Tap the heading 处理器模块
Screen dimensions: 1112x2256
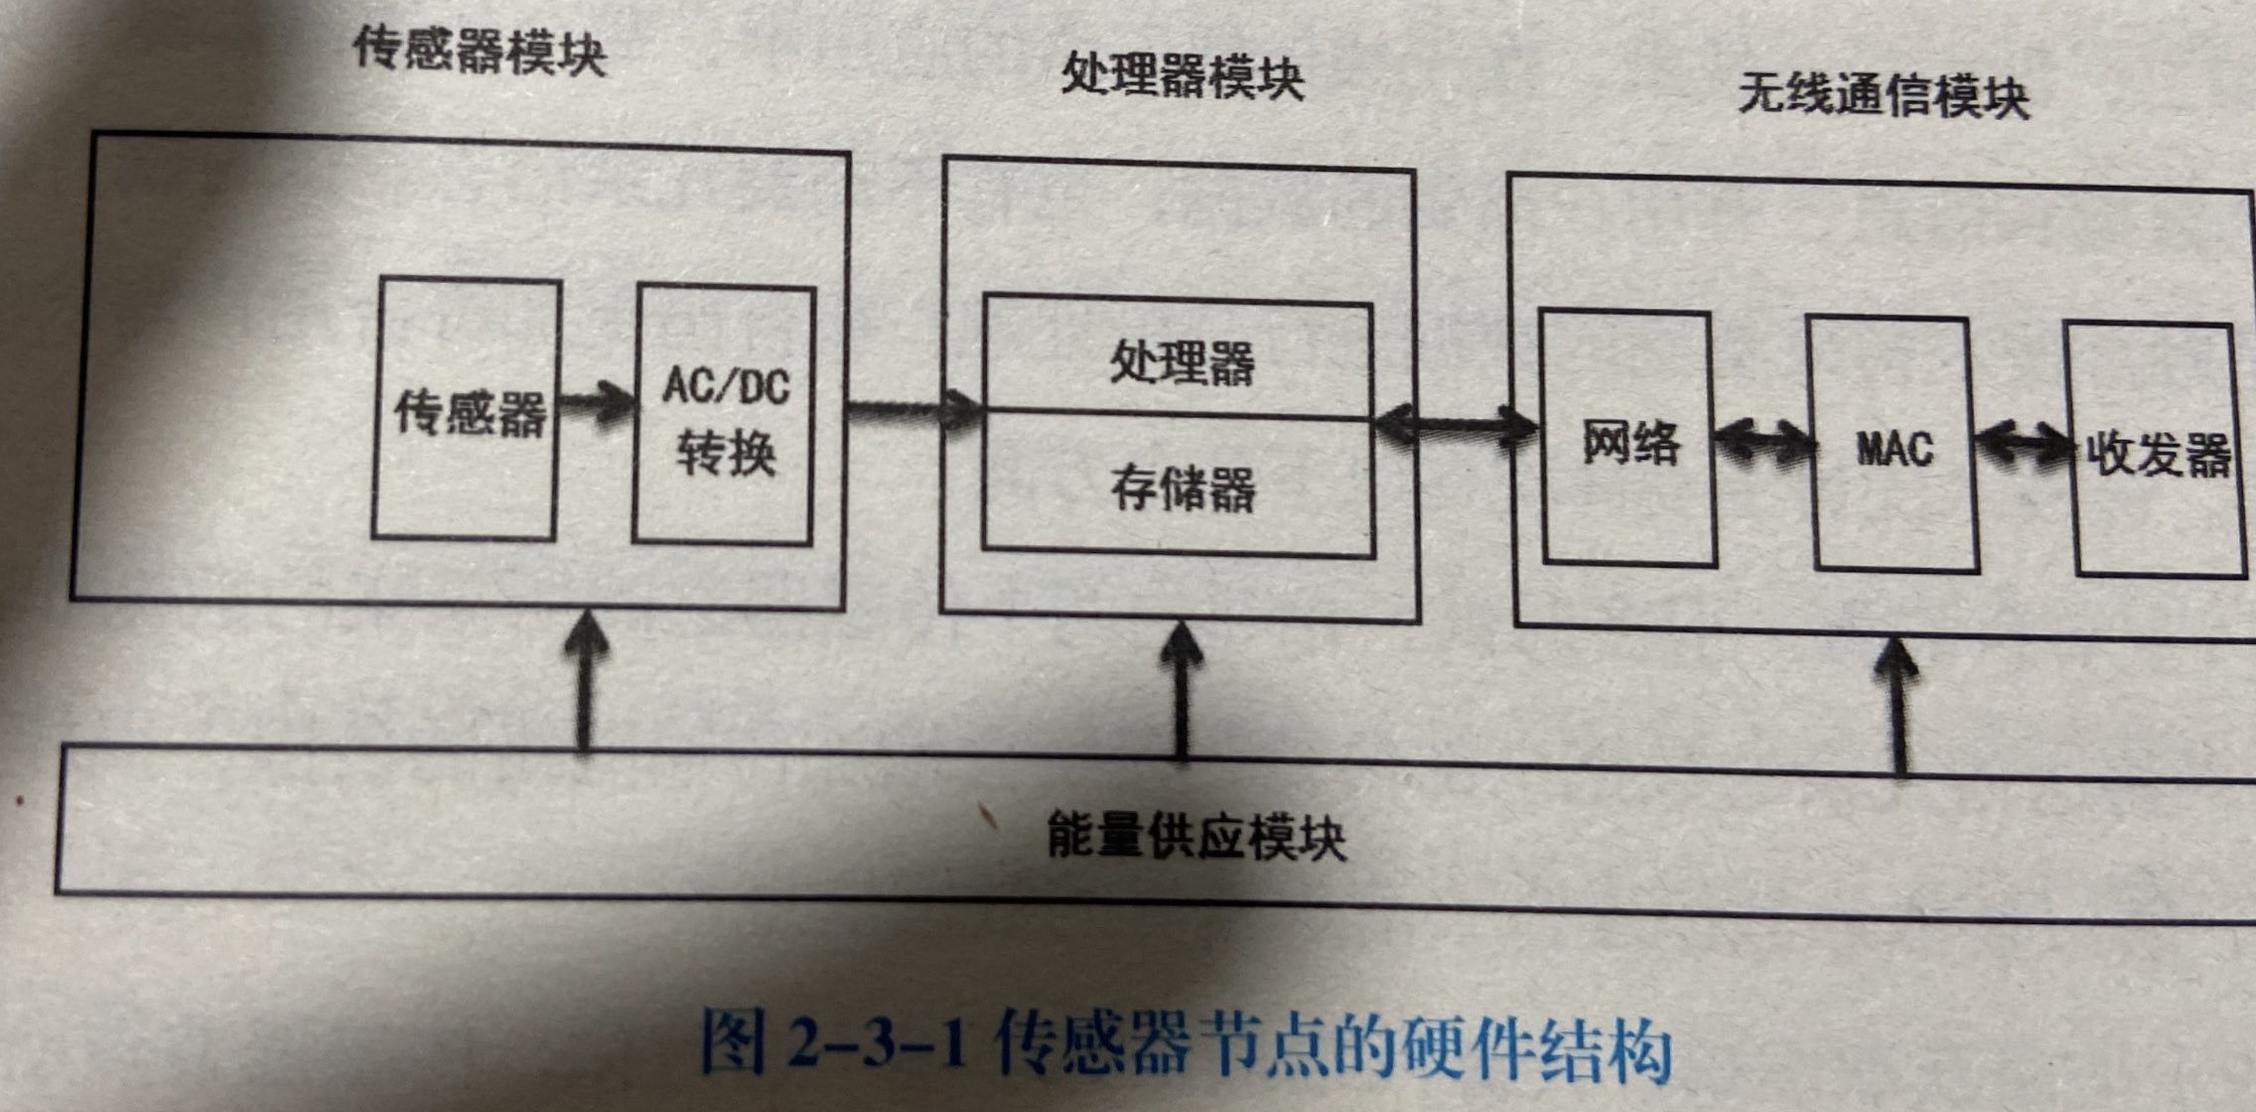[x=1182, y=75]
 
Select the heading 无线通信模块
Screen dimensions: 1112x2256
[x=1883, y=97]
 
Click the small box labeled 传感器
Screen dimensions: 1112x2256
[x=466, y=410]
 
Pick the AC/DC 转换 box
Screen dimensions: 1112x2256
[x=725, y=417]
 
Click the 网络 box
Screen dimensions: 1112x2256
[x=1629, y=441]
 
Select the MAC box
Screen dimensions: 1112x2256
[x=1894, y=447]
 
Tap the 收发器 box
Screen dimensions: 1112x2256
[x=2158, y=453]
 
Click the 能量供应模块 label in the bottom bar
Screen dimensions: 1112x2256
[x=1196, y=836]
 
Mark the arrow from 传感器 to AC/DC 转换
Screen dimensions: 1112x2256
[x=596, y=403]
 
